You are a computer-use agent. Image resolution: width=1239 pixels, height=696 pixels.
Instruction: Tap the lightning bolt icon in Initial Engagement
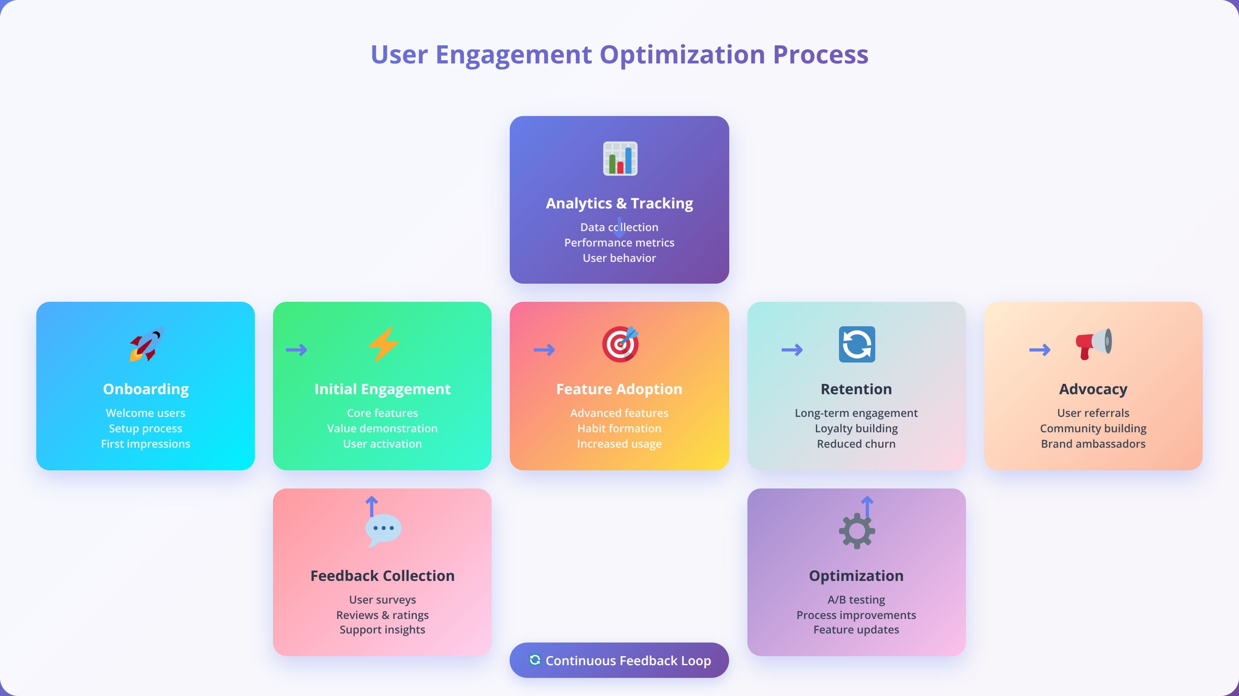[383, 344]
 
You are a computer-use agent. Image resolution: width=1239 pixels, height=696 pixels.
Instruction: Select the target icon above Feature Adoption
[620, 344]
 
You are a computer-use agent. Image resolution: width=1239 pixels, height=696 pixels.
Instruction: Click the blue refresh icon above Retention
[857, 344]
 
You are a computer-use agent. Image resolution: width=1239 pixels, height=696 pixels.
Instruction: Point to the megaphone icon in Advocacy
[1093, 344]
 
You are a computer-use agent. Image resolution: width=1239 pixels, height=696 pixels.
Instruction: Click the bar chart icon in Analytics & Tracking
[620, 159]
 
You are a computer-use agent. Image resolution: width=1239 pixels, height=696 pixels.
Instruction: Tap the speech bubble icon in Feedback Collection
[383, 531]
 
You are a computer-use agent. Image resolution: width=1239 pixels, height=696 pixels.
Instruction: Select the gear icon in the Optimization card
[857, 531]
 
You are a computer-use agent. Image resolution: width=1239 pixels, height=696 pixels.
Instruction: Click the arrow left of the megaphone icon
[1039, 350]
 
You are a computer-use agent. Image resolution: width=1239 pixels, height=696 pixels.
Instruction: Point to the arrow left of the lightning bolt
[296, 350]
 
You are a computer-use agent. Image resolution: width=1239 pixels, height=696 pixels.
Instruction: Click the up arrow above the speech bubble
[371, 506]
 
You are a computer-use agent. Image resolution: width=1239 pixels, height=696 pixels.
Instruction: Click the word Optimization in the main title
[683, 54]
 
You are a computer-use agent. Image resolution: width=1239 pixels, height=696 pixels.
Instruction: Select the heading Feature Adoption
[619, 389]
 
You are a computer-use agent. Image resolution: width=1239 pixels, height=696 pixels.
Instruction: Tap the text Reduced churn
[856, 444]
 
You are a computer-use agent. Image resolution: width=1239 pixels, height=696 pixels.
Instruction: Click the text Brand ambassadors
[1093, 444]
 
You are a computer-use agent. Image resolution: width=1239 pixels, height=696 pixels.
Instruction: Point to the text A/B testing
[856, 599]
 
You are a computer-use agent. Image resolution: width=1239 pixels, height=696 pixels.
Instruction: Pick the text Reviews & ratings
[382, 615]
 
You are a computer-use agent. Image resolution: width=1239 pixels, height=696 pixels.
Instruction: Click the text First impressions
[145, 444]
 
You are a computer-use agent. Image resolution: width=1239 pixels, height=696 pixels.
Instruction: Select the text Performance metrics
[619, 243]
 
